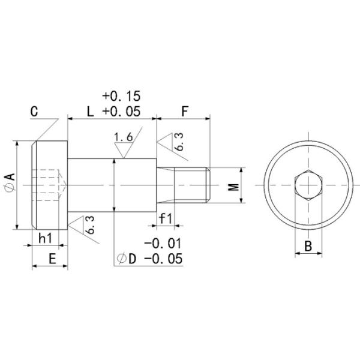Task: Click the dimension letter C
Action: [34, 112]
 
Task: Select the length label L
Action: [90, 112]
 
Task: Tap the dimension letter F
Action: [185, 112]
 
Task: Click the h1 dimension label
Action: [46, 238]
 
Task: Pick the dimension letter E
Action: [52, 259]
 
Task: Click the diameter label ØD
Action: [127, 259]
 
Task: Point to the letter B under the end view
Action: [307, 246]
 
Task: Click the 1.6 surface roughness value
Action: [122, 138]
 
